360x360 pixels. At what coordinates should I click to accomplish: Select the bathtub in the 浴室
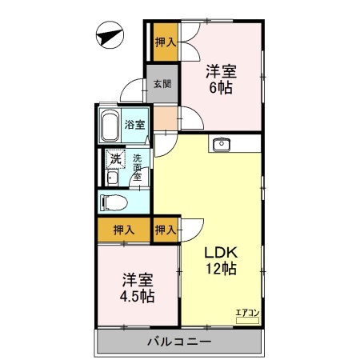110,126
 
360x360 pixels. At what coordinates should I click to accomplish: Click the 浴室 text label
135,125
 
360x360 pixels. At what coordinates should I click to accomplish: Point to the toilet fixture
112,202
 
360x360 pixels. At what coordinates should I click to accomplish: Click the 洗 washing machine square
116,158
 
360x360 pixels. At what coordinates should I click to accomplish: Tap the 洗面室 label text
138,166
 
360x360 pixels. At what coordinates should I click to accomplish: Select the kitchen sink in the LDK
222,144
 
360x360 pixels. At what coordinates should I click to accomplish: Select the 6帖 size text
222,87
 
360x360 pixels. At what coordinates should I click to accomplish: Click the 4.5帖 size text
138,296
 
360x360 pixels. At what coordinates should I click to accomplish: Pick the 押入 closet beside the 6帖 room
164,42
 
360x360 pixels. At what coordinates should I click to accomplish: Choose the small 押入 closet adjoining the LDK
166,230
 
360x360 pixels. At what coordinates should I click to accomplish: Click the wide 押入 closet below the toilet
124,230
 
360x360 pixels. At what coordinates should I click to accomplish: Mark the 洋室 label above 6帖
222,70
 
